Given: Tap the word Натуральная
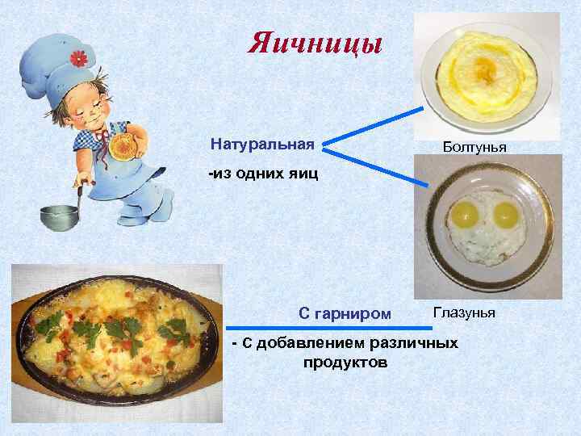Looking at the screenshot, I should (x=262, y=145).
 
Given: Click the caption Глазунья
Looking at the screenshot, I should (x=464, y=312).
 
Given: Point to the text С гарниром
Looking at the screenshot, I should (x=345, y=312).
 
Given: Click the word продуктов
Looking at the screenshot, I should (x=345, y=363).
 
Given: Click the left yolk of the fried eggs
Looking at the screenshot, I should (x=467, y=214).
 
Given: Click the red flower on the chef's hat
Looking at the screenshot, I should (x=77, y=58).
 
